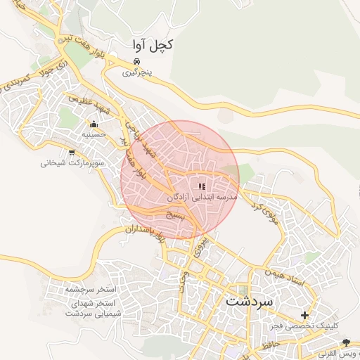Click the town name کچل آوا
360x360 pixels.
point(151,45)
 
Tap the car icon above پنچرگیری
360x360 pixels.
point(136,61)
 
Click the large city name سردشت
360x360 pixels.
point(254,300)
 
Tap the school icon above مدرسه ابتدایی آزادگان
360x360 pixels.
point(202,186)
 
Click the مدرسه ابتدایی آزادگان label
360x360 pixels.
point(202,198)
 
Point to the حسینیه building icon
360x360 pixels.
point(93,124)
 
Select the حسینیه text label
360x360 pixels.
point(94,134)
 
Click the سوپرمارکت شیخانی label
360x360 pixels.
point(72,163)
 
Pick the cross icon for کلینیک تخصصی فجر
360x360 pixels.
point(304,315)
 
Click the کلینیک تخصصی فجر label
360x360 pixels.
point(305,326)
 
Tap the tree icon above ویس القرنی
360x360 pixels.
point(345,342)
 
